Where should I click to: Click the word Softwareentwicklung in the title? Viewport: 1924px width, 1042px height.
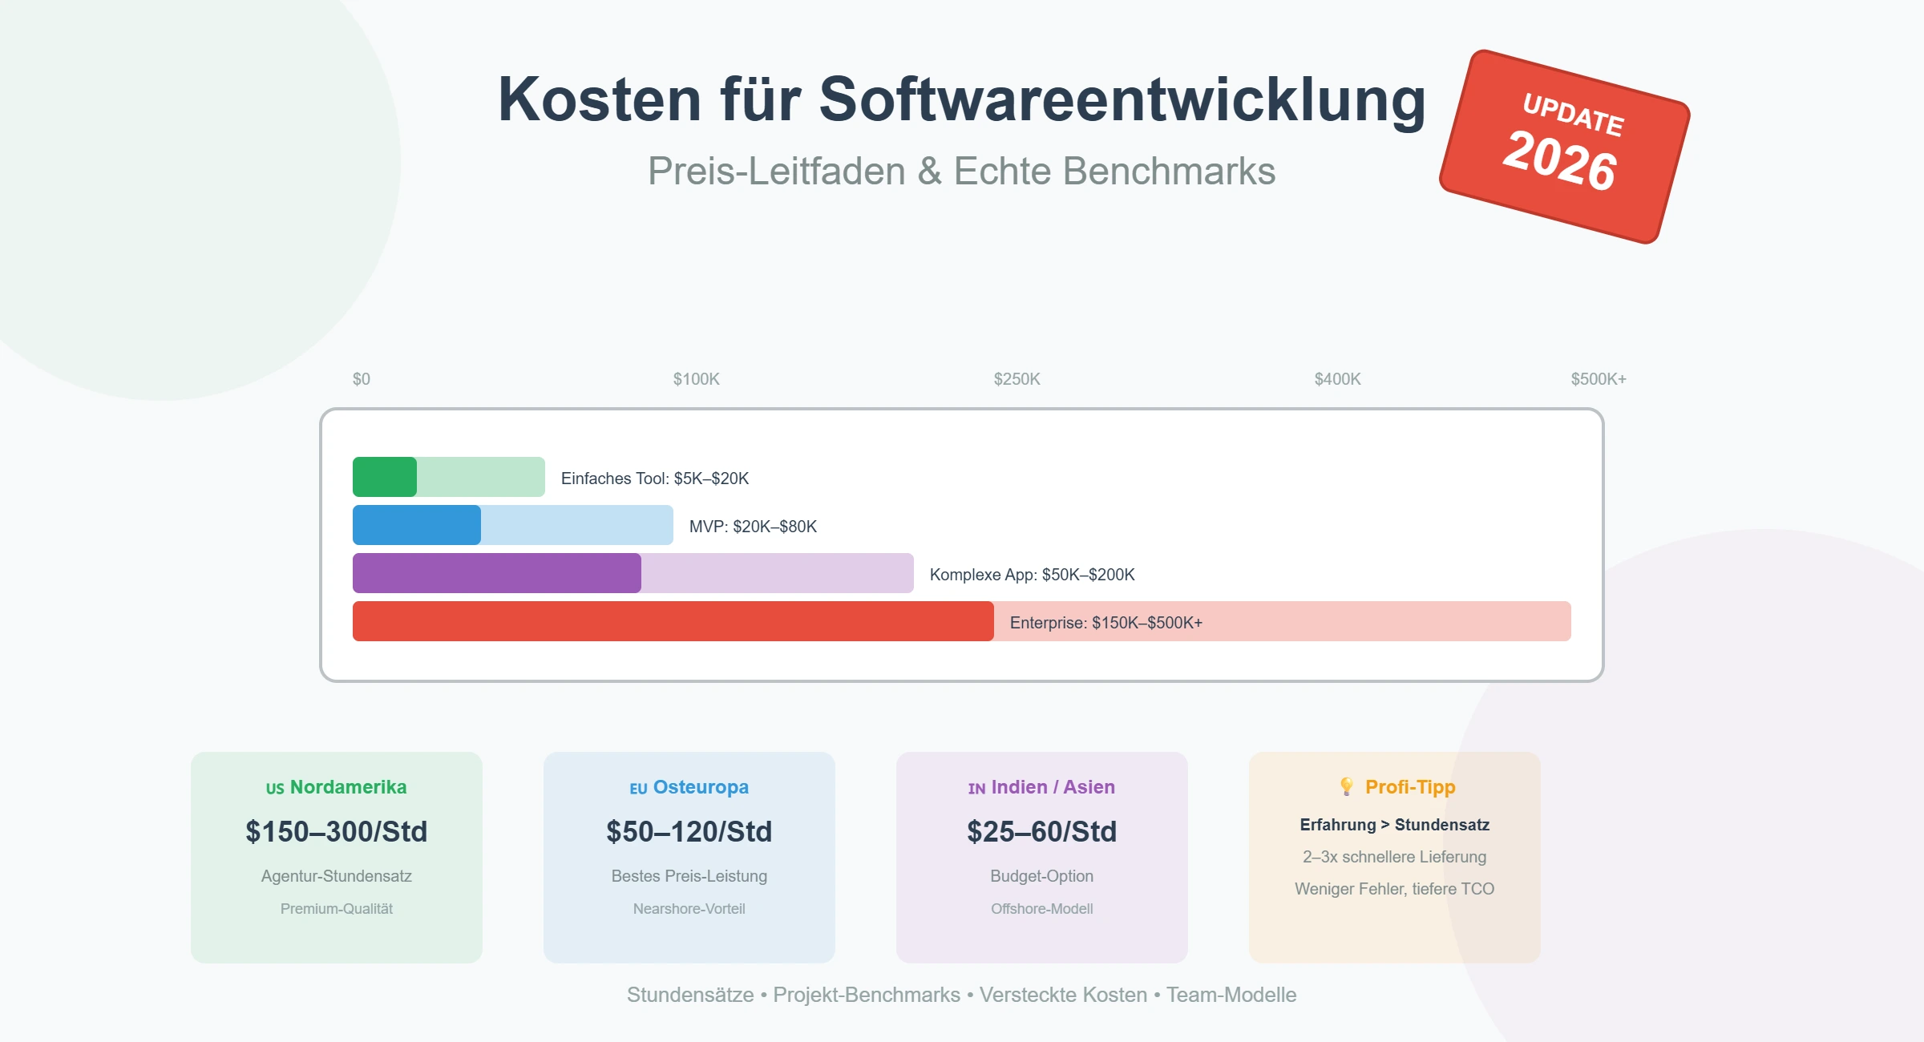1122,100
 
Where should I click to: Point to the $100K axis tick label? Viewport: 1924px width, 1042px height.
696,379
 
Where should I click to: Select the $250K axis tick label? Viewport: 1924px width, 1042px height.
1017,379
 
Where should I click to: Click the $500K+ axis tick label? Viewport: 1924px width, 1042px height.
1598,379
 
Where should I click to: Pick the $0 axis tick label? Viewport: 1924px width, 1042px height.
362,379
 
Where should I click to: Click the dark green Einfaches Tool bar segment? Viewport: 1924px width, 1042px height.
385,477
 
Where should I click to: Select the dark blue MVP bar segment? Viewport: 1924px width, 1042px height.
416,525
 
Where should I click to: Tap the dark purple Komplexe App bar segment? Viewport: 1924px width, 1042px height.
496,573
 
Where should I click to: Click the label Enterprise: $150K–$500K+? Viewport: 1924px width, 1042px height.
1105,623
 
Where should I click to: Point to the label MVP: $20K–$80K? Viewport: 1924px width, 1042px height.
753,527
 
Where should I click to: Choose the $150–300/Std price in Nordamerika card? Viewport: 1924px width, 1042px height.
336,831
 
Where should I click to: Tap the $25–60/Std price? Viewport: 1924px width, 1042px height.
1041,831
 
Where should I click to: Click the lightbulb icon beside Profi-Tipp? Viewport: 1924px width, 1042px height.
1347,786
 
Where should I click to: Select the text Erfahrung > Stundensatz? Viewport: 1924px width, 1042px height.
1394,825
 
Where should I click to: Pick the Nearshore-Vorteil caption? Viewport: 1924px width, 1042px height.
689,909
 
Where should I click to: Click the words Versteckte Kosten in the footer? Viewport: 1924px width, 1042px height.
1063,995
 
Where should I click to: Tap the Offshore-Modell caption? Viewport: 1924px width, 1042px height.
1041,909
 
